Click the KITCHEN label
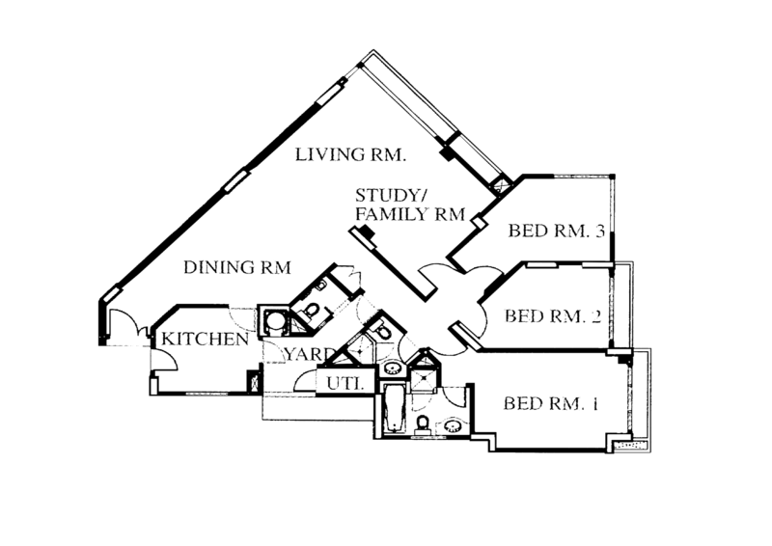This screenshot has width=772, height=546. coord(206,341)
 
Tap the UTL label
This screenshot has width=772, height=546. coord(344,383)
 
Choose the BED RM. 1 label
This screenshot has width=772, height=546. coord(552,404)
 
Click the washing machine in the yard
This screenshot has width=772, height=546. coord(273,321)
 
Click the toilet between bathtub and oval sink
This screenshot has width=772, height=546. coord(422,424)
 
